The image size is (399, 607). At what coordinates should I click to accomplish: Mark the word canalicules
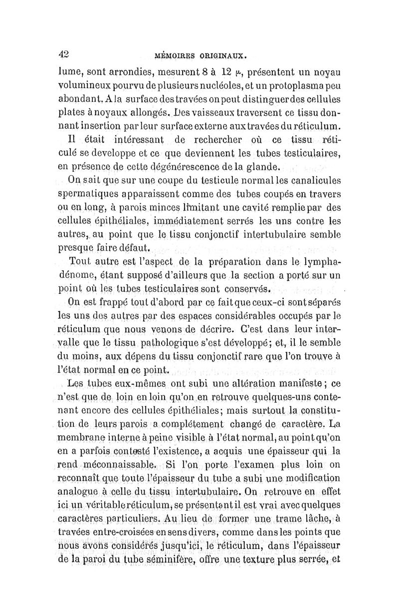(x=309, y=180)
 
